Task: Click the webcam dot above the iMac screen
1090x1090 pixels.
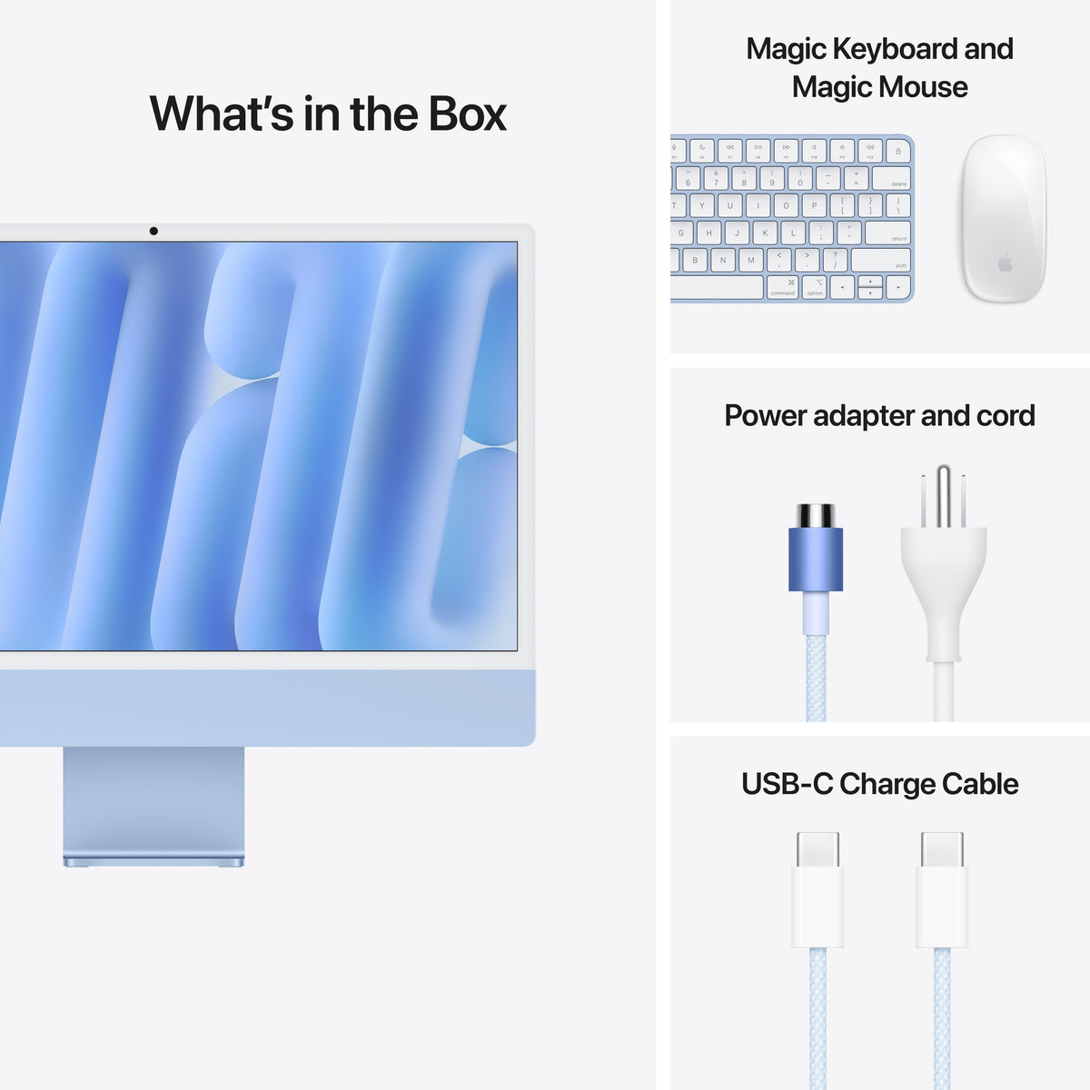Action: (x=154, y=232)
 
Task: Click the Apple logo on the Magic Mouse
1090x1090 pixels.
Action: (x=1005, y=263)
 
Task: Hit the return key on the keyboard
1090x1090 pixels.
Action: (x=887, y=233)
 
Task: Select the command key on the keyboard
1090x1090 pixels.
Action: (x=782, y=288)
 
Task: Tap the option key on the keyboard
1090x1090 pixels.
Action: (x=815, y=288)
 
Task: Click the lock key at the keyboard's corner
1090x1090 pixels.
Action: (x=898, y=151)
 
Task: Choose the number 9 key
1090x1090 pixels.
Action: (x=772, y=178)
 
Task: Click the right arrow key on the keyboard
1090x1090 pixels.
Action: (x=898, y=288)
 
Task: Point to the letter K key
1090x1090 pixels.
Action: (x=765, y=233)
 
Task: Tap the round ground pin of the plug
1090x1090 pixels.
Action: (x=944, y=495)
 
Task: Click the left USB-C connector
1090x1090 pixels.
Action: (x=817, y=890)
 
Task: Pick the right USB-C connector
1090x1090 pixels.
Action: (x=942, y=890)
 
